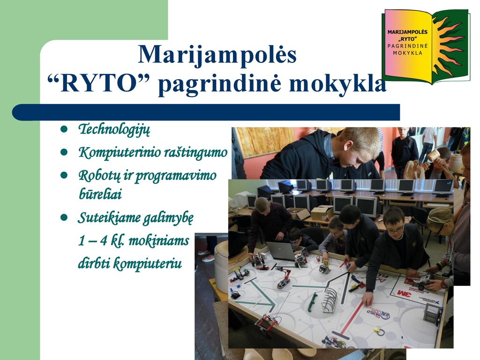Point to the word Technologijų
pyautogui.click(x=114, y=129)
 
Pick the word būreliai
pyautogui.click(x=100, y=194)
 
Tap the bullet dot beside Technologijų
pyautogui.click(x=64, y=129)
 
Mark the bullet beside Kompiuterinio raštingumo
pyautogui.click(x=64, y=152)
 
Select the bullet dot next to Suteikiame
pyautogui.click(x=64, y=217)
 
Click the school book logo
pyautogui.click(x=426, y=46)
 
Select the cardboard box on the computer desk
pyautogui.click(x=322, y=213)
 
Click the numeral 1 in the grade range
pyautogui.click(x=82, y=241)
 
